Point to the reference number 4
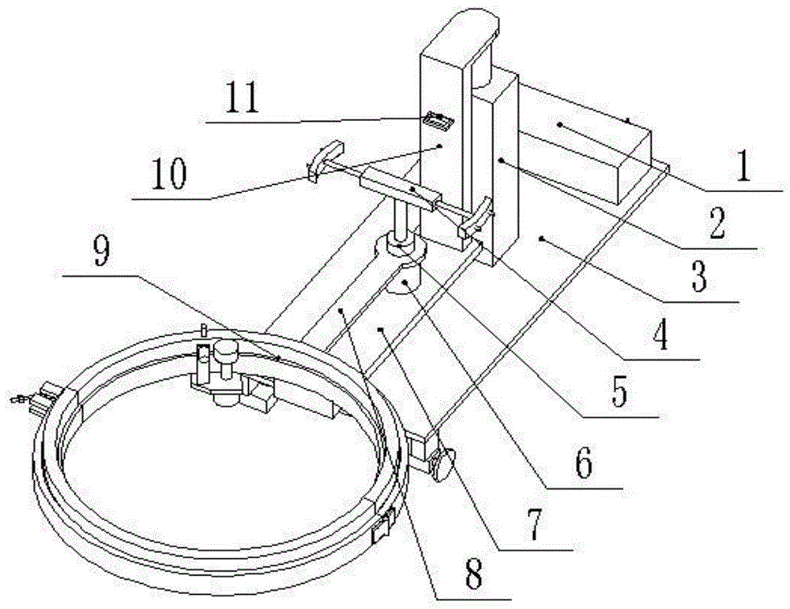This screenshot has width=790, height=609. tap(660, 334)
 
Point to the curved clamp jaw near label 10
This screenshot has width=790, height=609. tap(325, 160)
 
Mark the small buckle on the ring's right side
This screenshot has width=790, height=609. tap(385, 526)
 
